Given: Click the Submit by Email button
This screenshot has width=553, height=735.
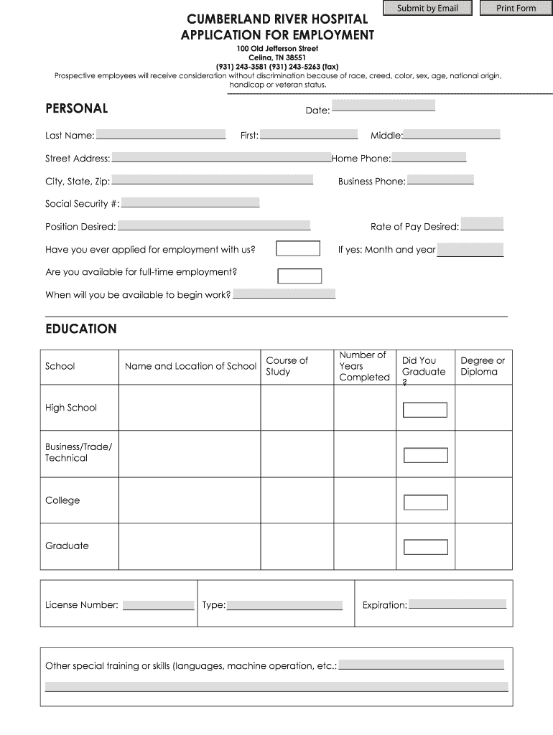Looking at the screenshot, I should tap(427, 9).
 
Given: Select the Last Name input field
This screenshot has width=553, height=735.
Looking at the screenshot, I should tap(161, 134).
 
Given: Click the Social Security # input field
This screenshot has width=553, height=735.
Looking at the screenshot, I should tap(190, 202).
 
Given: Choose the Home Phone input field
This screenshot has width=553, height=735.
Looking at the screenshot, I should tap(429, 157).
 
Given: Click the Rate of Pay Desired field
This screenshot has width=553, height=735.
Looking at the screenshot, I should tap(482, 225).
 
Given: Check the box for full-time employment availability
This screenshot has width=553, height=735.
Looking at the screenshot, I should tap(299, 276).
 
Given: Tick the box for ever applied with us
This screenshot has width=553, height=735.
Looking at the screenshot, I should tap(298, 248).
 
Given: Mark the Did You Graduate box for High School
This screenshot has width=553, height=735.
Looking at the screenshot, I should tap(425, 410).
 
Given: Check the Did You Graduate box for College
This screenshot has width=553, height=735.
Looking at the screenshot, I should tap(425, 502).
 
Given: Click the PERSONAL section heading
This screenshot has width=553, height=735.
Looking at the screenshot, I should tap(76, 109).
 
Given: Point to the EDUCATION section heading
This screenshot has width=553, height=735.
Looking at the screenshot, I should tap(80, 329).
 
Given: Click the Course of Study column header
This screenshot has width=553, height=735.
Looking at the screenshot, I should tap(287, 366).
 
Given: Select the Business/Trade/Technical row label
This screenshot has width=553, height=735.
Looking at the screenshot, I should tap(78, 452).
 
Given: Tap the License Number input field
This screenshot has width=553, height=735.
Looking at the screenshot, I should tap(158, 605).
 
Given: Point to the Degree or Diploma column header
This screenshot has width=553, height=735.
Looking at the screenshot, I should tap(483, 366).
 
